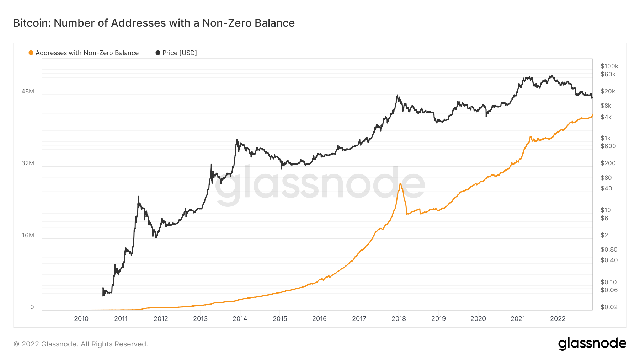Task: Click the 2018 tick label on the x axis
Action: click(x=399, y=319)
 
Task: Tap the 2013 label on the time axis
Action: click(x=200, y=319)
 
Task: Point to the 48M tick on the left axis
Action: click(x=28, y=91)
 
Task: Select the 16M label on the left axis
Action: click(x=28, y=235)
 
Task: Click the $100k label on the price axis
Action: click(x=609, y=66)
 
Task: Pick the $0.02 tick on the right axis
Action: click(x=609, y=307)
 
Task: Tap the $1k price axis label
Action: click(x=605, y=138)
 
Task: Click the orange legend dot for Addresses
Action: click(x=31, y=53)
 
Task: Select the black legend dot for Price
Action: click(x=158, y=53)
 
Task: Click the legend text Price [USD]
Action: click(x=180, y=53)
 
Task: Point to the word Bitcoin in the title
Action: click(x=32, y=23)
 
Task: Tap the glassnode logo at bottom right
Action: click(x=592, y=344)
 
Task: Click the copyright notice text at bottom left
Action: click(x=81, y=344)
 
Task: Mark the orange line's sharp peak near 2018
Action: click(x=400, y=184)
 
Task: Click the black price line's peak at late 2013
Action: click(x=237, y=140)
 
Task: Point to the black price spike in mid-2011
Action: click(x=138, y=197)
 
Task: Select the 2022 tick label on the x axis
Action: click(x=558, y=319)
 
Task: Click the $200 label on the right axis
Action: click(x=608, y=163)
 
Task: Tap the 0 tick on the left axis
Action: click(x=32, y=307)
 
